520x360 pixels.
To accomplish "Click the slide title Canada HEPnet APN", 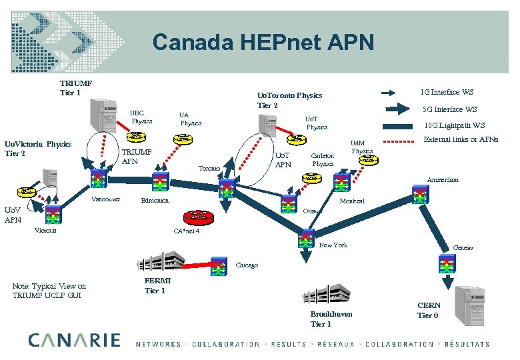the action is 263,43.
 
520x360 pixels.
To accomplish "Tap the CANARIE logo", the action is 74,340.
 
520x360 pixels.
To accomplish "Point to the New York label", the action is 333,245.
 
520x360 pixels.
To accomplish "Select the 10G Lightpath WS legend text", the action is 455,125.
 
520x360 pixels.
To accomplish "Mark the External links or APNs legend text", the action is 461,139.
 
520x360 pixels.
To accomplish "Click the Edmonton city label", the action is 155,201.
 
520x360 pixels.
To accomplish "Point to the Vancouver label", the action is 106,199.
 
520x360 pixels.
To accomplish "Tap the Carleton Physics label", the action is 323,159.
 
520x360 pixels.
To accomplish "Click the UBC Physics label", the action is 141,117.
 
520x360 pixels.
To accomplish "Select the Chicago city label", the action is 247,265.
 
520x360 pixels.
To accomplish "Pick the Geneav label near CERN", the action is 463,247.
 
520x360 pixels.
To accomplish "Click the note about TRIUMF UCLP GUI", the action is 49,291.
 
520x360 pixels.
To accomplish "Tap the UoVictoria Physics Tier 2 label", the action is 38,149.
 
